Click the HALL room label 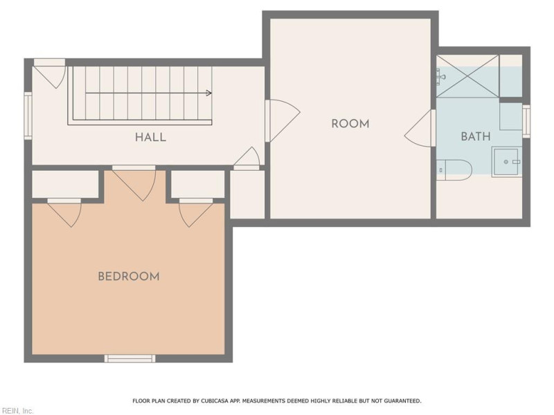point(150,137)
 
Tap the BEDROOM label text point(129,276)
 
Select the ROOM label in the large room point(350,124)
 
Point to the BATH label point(476,136)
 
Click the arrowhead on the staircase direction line point(209,93)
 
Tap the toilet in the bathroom point(454,170)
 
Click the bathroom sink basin point(507,162)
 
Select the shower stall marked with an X point(468,76)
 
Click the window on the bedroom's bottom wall point(129,358)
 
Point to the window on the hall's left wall point(28,116)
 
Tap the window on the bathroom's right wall point(526,122)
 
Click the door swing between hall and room point(283,120)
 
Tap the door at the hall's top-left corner point(50,73)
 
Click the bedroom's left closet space point(65,185)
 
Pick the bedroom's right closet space point(198,185)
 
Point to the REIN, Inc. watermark point(17,411)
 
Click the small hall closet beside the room point(247,194)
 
